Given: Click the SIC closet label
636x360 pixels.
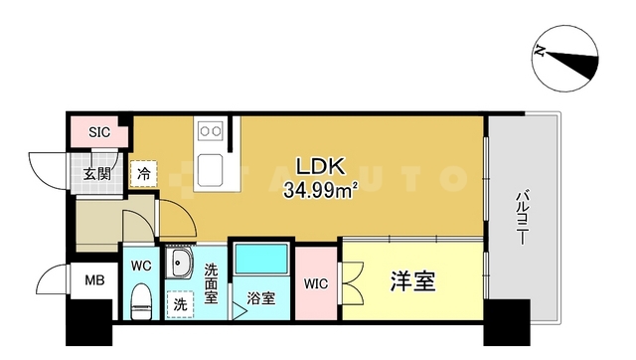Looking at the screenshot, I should tap(99, 131).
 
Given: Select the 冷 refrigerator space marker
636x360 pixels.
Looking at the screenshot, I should tap(144, 173).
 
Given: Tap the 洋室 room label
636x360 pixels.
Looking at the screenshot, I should tap(410, 282).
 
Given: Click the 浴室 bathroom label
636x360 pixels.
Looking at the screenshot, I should tap(261, 296).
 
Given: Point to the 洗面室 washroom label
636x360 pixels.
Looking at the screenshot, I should tap(212, 282).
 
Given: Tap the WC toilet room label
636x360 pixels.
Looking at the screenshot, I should tap(139, 266).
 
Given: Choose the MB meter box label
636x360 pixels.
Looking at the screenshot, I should tap(94, 280).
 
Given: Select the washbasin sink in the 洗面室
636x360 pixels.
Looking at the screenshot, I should tap(182, 266).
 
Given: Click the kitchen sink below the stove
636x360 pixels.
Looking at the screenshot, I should tap(213, 169).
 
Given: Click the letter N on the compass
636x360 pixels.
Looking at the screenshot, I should tap(540, 52).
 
